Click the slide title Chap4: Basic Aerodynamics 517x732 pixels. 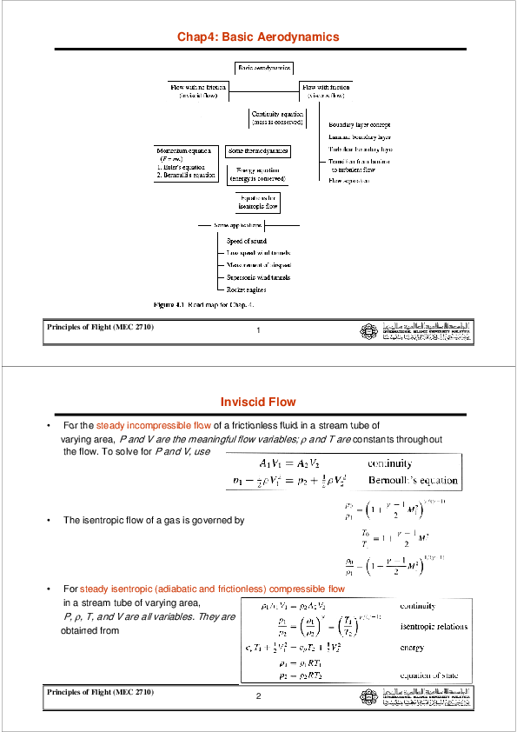pyautogui.click(x=258, y=37)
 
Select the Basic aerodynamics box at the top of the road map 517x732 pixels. pyautogui.click(x=264, y=67)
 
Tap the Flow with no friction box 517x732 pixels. pyautogui.click(x=199, y=90)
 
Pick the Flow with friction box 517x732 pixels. pyautogui.click(x=326, y=90)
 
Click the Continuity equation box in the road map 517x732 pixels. pyautogui.click(x=277, y=117)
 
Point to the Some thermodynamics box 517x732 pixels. pyautogui.click(x=257, y=150)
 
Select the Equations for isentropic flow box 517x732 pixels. pyautogui.click(x=259, y=203)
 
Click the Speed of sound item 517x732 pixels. pyautogui.click(x=246, y=240)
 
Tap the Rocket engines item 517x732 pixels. pyautogui.click(x=246, y=289)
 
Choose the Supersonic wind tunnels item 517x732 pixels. pyautogui.click(x=258, y=276)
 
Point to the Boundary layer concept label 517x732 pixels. pyautogui.click(x=360, y=125)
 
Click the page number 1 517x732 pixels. pyautogui.click(x=259, y=331)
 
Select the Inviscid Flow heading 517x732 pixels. pyautogui.click(x=258, y=402)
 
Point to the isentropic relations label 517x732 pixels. pyautogui.click(x=434, y=626)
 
